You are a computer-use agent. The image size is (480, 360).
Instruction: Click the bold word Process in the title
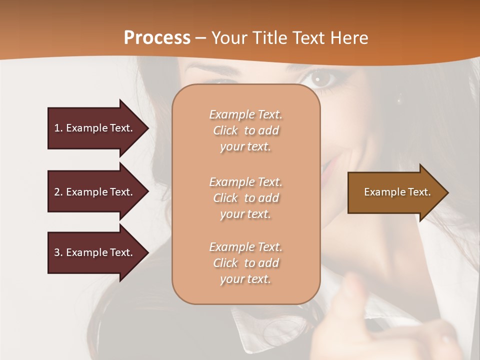click(x=157, y=38)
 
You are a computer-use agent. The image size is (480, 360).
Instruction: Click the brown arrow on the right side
click(x=395, y=192)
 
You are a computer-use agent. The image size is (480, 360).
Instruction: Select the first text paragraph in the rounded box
click(x=245, y=130)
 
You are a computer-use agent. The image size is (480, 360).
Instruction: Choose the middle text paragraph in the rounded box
click(x=245, y=198)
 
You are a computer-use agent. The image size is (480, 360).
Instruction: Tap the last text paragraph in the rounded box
click(x=245, y=263)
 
